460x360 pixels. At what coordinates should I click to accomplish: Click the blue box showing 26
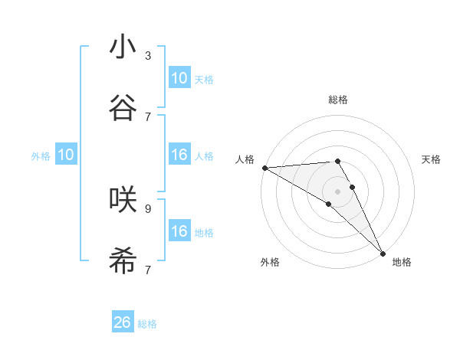(x=123, y=322)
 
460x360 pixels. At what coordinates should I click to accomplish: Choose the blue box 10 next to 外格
(x=66, y=155)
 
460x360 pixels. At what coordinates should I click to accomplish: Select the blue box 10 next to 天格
(x=179, y=78)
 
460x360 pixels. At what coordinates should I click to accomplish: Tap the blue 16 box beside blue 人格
(x=179, y=155)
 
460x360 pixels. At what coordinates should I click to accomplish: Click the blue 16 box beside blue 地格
(x=179, y=231)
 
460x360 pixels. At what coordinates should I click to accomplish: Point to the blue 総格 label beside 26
(x=147, y=324)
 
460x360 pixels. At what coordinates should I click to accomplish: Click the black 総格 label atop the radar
(x=338, y=100)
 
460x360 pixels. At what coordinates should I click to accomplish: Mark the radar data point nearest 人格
(x=264, y=168)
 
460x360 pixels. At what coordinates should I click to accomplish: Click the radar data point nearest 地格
(x=383, y=251)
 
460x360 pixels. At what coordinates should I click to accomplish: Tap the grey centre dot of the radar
(x=338, y=191)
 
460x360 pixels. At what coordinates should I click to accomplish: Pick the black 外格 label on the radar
(x=270, y=262)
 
